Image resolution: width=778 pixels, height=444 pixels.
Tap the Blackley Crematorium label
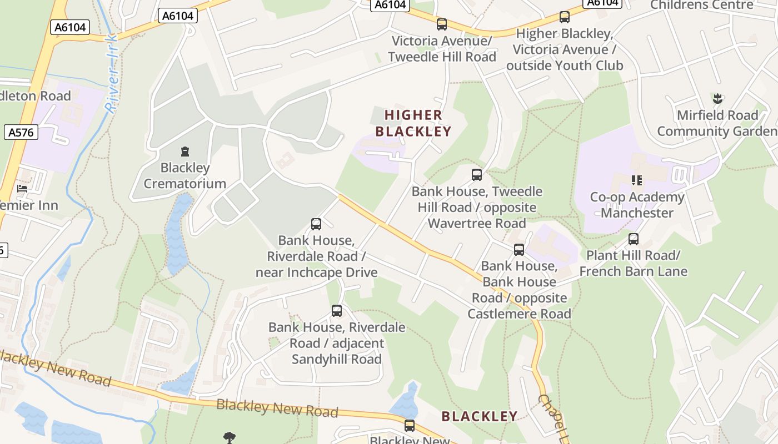[184, 175]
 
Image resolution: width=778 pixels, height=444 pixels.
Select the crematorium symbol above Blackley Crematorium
[184, 151]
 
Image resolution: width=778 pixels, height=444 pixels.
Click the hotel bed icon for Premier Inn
[22, 189]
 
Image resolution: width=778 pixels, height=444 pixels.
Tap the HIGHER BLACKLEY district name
[413, 123]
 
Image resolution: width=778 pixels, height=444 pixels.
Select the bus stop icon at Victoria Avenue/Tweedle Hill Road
[442, 24]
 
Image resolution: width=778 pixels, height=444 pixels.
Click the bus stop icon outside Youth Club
[565, 17]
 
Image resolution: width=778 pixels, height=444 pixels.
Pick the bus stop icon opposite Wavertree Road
[477, 175]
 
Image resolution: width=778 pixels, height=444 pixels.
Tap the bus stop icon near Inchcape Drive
[316, 224]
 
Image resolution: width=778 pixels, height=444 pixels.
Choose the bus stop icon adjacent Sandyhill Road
[337, 311]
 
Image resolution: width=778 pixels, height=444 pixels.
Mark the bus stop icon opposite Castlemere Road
[519, 250]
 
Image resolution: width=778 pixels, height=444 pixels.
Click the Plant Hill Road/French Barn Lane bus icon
[634, 239]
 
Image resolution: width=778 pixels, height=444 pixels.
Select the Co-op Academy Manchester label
[637, 205]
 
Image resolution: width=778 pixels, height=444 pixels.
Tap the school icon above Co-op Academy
[637, 180]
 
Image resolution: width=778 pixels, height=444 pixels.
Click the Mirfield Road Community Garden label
[717, 123]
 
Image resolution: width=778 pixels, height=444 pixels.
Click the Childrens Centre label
[701, 5]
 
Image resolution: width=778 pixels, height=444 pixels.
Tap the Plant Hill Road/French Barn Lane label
[634, 263]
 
